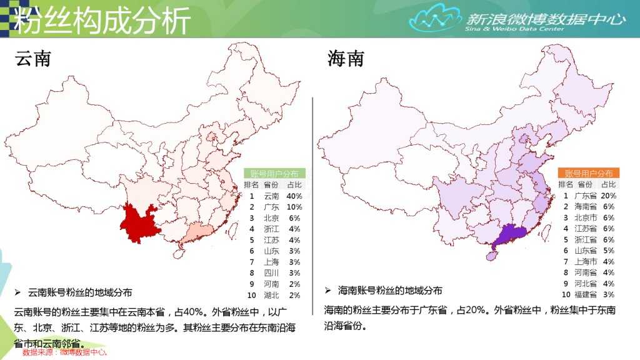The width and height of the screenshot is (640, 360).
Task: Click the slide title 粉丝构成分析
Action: [102, 21]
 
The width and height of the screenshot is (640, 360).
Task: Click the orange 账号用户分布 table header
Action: [588, 173]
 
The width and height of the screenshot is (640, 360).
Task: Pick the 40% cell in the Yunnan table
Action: [294, 196]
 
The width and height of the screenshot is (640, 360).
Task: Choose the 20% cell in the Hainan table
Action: [608, 196]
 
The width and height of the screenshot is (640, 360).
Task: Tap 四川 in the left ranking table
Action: [271, 272]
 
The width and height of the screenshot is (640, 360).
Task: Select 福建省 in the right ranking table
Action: [585, 294]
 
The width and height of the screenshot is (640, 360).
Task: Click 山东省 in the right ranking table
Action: [585, 250]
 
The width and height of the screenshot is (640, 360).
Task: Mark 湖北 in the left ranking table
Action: [271, 294]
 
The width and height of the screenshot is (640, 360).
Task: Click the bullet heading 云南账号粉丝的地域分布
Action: [80, 292]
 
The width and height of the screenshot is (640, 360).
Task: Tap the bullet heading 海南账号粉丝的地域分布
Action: [390, 291]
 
